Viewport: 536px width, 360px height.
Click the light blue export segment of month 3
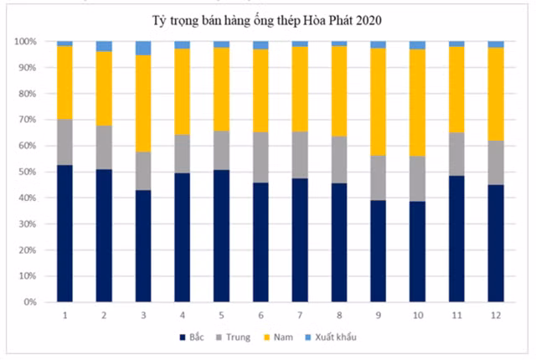tap(143, 48)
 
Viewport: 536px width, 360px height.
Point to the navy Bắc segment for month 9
tap(378, 251)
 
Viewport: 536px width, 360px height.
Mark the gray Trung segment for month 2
tap(104, 147)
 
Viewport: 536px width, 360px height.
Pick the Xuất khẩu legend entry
tap(343, 337)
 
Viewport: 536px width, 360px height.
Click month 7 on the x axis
tap(300, 315)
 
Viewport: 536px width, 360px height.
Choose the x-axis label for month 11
tap(456, 315)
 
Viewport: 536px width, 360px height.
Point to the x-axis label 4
tap(182, 315)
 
